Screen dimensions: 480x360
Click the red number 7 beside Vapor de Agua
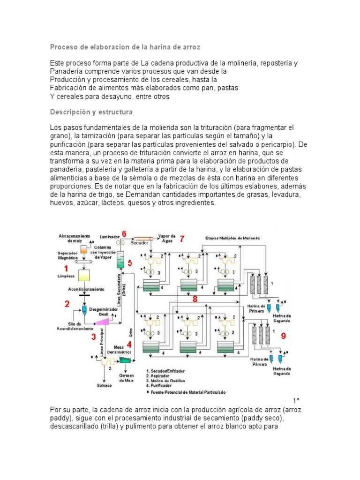click(x=182, y=239)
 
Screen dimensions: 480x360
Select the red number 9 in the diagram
click(x=283, y=336)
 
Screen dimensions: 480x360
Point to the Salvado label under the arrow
click(x=105, y=385)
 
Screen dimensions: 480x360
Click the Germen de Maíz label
click(x=127, y=378)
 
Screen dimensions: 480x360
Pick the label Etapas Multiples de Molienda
click(x=232, y=238)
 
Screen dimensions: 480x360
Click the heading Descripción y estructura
click(x=91, y=112)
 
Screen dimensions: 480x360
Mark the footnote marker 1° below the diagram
click(x=296, y=401)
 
